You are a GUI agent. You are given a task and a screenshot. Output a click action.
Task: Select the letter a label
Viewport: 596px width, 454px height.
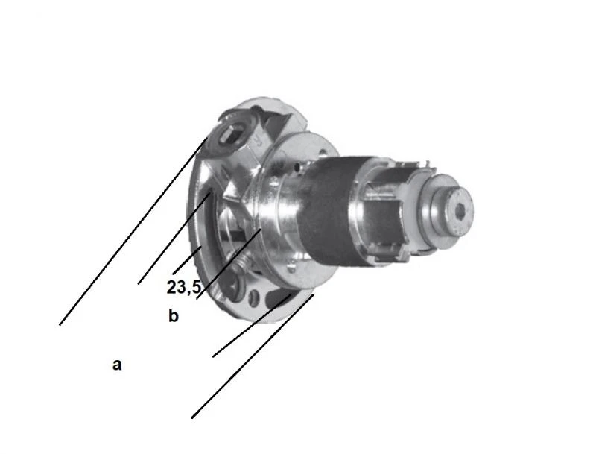click(x=116, y=365)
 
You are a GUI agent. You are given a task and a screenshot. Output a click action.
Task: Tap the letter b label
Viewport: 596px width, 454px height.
click(x=173, y=316)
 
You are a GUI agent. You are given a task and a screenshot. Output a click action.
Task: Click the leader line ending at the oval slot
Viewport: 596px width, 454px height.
click(x=246, y=329)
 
